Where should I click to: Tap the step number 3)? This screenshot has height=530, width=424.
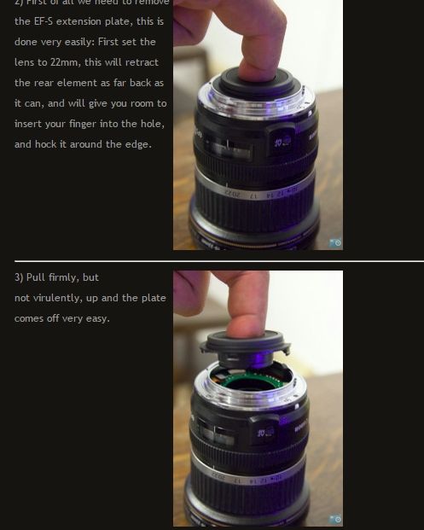pyautogui.click(x=20, y=277)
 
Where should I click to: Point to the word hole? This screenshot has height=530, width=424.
pyautogui.click(x=150, y=124)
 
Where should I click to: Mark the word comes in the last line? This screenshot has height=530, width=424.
pyautogui.click(x=30, y=318)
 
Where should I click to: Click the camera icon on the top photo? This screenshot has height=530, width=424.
pyautogui.click(x=335, y=242)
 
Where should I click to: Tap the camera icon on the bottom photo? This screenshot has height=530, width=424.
pyautogui.click(x=335, y=519)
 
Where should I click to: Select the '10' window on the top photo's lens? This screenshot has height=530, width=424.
pyautogui.click(x=282, y=141)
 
